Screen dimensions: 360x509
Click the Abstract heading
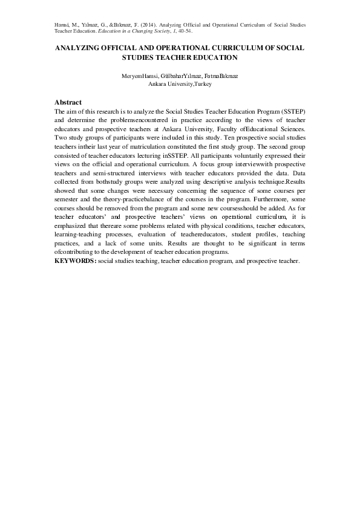pos(68,102)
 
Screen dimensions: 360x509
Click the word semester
pos(68,198)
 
